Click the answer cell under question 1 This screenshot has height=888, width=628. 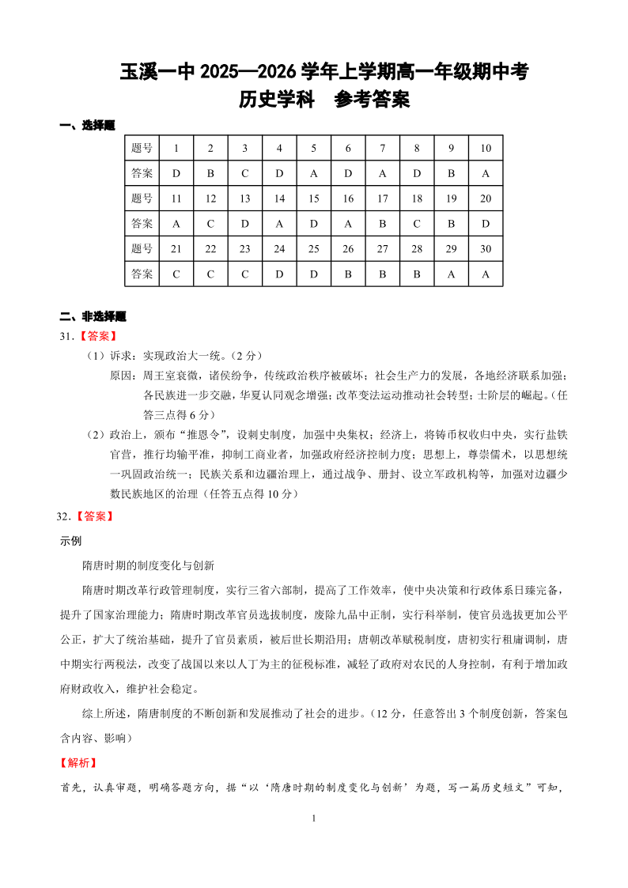pos(176,173)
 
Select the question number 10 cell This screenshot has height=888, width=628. pos(486,148)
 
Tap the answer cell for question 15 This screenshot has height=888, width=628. pos(314,224)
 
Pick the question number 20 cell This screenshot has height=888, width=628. pos(486,198)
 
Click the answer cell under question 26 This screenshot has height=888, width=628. pos(348,274)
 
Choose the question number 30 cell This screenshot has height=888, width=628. pos(486,249)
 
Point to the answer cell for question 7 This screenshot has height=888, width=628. pos(383,173)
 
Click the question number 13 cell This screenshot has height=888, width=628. pos(245,198)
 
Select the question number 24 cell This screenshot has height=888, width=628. pos(279,249)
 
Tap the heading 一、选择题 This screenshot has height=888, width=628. pos(88,125)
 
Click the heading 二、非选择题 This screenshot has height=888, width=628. pos(93,316)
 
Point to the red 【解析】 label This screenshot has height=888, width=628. pos(79,763)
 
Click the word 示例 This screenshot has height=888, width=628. pos(71,542)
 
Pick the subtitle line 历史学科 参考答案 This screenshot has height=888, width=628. pos(324,100)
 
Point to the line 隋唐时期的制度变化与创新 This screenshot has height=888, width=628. pos(149,566)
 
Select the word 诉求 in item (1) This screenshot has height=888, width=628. pos(121,356)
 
